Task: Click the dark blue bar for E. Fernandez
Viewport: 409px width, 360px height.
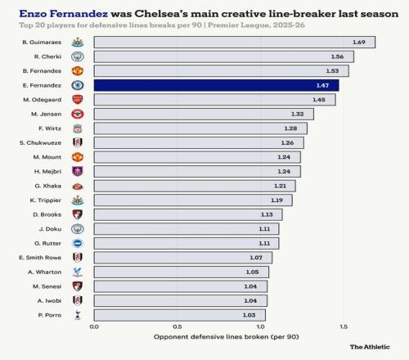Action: point(217,85)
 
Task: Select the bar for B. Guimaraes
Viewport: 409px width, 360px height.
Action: point(235,43)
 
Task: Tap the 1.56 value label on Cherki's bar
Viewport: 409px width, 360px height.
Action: point(337,56)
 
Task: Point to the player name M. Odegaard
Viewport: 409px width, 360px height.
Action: point(43,100)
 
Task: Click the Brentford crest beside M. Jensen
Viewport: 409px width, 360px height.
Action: point(78,114)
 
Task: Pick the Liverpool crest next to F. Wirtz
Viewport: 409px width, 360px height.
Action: point(78,128)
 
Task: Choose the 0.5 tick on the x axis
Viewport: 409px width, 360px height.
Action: point(178,326)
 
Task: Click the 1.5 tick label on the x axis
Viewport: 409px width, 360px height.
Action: point(344,326)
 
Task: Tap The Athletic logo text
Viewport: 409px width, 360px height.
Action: point(370,347)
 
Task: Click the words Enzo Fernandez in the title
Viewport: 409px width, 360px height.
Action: point(64,14)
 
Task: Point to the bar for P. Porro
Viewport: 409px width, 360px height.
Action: point(180,315)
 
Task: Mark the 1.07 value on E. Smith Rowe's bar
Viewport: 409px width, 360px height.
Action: point(256,258)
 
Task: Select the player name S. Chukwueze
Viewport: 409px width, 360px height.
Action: point(40,143)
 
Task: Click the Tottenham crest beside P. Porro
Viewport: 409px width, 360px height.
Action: point(78,315)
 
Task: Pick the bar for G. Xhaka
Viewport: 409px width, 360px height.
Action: point(195,186)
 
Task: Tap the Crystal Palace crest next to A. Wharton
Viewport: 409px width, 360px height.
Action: point(78,272)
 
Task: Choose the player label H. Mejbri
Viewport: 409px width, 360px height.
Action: point(47,172)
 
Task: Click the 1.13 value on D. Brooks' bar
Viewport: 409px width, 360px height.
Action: point(267,214)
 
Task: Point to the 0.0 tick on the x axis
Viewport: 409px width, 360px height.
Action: point(94,326)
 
